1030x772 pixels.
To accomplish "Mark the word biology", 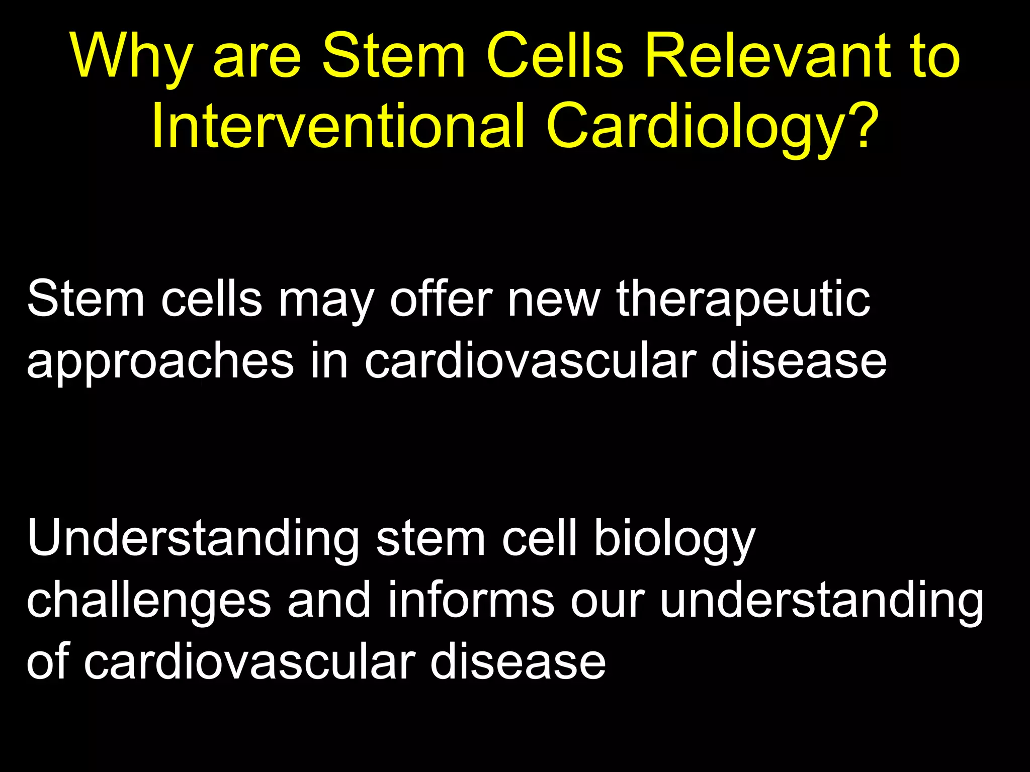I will coord(674,541).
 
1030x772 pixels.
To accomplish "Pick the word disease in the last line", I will coord(518,660).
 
